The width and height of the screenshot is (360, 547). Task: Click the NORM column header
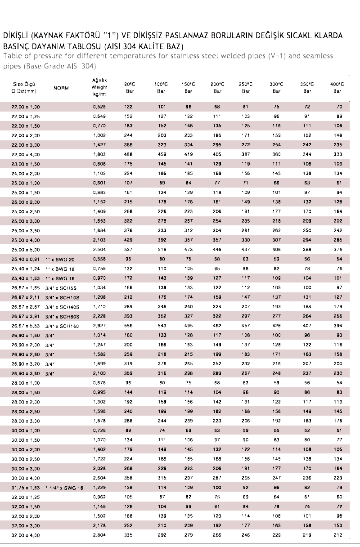coord(61,88)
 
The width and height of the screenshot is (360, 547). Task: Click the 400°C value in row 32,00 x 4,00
coord(338,535)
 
